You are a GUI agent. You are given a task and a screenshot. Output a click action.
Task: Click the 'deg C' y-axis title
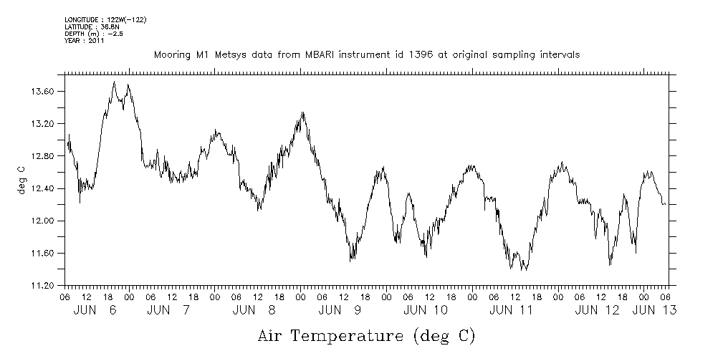21,179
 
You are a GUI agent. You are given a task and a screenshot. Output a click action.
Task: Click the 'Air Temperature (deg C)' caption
366,335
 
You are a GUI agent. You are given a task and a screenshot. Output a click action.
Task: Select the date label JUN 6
95,310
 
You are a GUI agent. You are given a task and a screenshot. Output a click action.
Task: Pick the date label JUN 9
339,310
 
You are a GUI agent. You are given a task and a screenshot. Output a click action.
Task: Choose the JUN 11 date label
511,310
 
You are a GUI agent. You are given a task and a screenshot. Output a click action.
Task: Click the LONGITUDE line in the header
106,19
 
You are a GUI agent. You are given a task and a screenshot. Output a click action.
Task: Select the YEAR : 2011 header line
85,41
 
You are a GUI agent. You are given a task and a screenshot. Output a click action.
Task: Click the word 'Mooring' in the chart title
171,54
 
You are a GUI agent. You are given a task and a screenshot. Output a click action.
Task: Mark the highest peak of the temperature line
115,82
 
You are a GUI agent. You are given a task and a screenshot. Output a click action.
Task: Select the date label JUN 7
168,310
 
